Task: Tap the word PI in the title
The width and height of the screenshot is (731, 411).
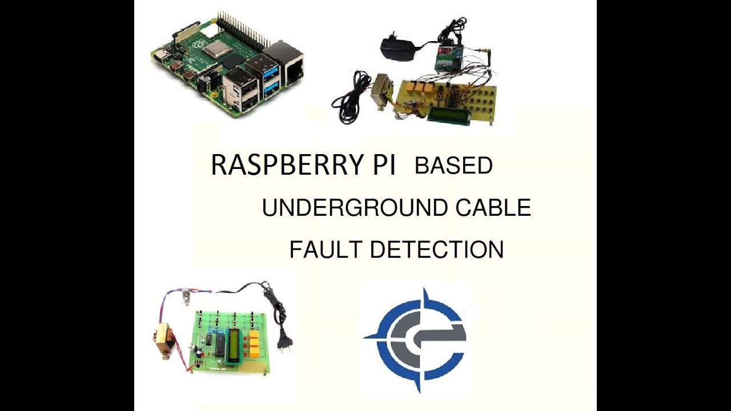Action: coord(381,166)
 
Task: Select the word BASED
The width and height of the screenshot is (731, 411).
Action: coord(453,166)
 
